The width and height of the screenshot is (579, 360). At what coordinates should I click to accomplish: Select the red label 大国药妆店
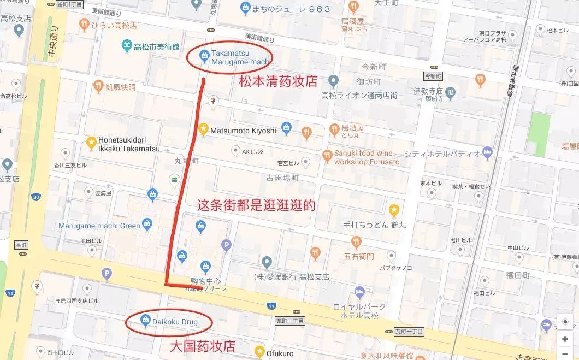[203, 346]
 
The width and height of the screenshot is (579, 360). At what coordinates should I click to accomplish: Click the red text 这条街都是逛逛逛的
[256, 205]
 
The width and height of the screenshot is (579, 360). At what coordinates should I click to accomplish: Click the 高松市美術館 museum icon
[127, 45]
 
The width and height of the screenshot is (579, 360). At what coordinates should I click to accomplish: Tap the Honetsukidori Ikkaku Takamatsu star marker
[91, 143]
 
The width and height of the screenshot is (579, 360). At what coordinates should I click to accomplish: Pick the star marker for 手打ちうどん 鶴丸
[393, 210]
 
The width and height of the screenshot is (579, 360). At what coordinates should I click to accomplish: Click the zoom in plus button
[565, 339]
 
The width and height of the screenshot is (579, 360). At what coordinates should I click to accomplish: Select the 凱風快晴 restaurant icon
[98, 86]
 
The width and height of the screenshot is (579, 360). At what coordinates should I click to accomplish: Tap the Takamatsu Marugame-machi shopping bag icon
[204, 54]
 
